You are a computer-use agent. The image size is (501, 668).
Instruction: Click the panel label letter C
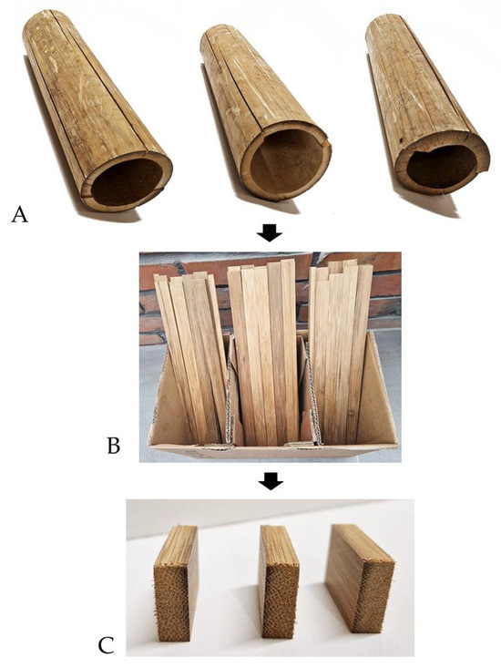107,645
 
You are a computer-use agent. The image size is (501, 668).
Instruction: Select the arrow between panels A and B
270,235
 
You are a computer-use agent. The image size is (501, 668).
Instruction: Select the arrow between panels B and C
270,479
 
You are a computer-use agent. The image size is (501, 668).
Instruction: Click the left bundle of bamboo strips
191,346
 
